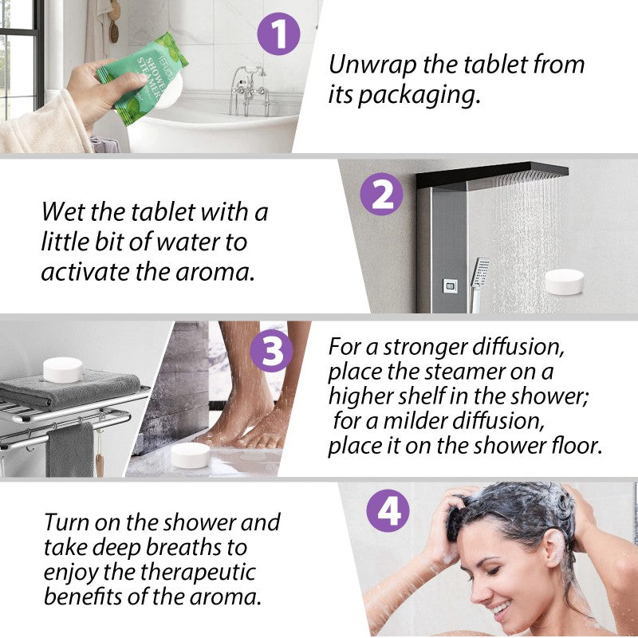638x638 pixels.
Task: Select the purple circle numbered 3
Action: pyautogui.click(x=272, y=352)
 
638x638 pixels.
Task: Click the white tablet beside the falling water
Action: pyautogui.click(x=565, y=281)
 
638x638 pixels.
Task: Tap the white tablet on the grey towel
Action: pyautogui.click(x=63, y=369)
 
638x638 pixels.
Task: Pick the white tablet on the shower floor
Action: pyautogui.click(x=191, y=455)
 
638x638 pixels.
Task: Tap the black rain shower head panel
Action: pyautogui.click(x=492, y=174)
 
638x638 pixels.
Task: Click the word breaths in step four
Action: pyautogui.click(x=191, y=548)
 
